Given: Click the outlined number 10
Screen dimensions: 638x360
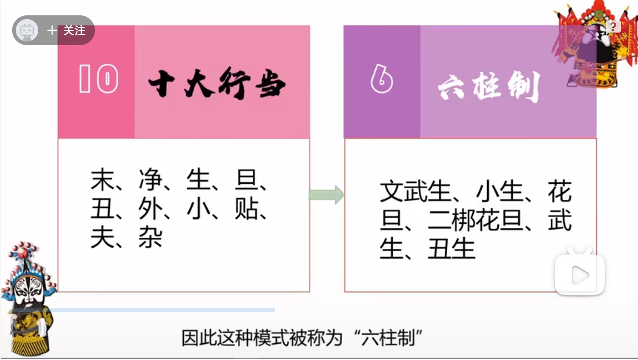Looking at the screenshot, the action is click(98, 79).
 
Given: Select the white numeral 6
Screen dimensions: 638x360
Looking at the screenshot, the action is click(382, 80).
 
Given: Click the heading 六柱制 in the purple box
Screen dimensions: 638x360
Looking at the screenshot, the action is click(489, 86).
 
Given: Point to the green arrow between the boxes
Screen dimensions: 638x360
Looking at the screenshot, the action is click(326, 195).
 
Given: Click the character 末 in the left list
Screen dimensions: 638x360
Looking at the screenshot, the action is click(102, 180).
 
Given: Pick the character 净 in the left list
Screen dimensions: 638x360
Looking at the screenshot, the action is click(150, 180).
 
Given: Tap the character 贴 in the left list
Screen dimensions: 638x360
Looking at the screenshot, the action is click(247, 210).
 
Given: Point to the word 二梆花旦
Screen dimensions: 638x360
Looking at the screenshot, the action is click(476, 221).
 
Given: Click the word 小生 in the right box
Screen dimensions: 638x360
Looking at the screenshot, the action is click(500, 192).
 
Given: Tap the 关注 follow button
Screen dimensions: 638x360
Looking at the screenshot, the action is click(67, 31).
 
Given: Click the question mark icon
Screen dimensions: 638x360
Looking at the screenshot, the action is click(613, 27).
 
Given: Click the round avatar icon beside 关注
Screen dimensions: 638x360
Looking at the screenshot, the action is click(27, 31).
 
